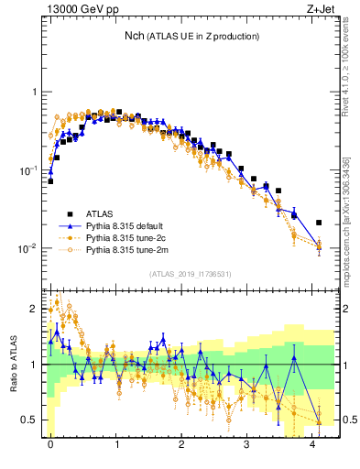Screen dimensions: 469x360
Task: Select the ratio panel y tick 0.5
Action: point(29,420)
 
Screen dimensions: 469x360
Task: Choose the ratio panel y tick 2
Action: point(33,308)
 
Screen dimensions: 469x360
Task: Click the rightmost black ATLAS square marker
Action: point(319,223)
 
